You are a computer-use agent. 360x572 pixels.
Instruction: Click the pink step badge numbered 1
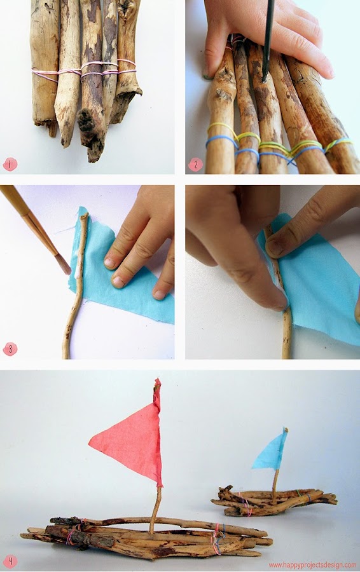(10, 164)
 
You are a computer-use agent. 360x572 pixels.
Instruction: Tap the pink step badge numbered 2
(196, 165)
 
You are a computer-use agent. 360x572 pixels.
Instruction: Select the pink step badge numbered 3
(10, 349)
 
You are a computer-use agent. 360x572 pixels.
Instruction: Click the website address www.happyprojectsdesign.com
(312, 565)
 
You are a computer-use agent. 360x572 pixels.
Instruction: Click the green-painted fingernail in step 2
(207, 77)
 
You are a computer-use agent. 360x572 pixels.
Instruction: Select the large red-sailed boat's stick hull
(146, 536)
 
